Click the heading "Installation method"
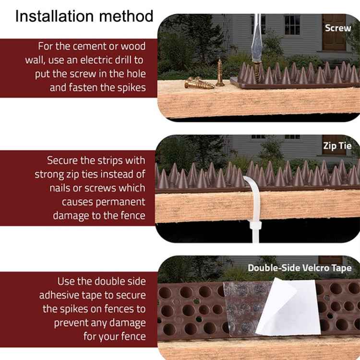[x=84, y=16]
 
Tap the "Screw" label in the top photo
[x=338, y=28]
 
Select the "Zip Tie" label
[x=337, y=146]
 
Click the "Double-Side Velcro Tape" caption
[x=299, y=268]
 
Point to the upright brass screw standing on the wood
[x=220, y=72]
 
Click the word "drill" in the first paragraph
[x=123, y=60]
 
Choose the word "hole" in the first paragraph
[x=134, y=74]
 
